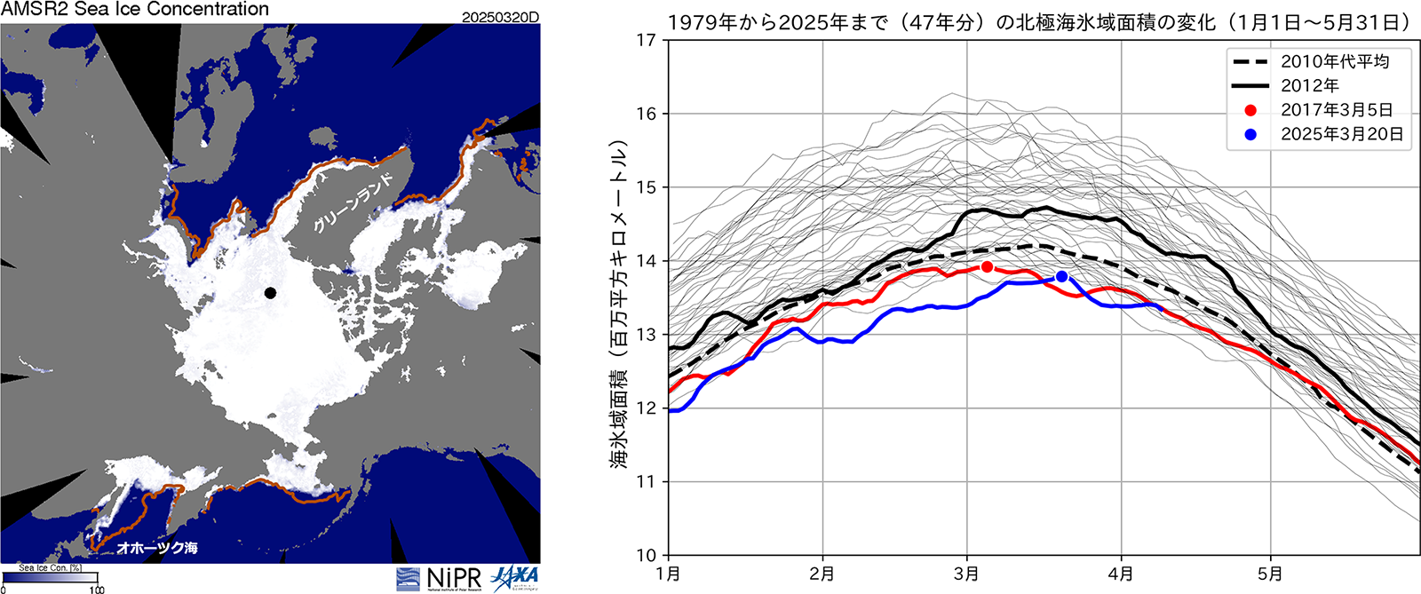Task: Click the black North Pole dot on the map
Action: pyautogui.click(x=270, y=293)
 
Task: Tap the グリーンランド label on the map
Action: pyautogui.click(x=353, y=203)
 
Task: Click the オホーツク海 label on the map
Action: pyautogui.click(x=157, y=548)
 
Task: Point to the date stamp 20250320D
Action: pyautogui.click(x=500, y=18)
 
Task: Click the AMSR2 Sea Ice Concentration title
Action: pyautogui.click(x=135, y=10)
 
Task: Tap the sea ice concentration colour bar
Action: pyautogui.click(x=50, y=578)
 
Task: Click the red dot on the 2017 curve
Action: pyautogui.click(x=987, y=266)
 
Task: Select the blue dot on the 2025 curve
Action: pyautogui.click(x=1061, y=277)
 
